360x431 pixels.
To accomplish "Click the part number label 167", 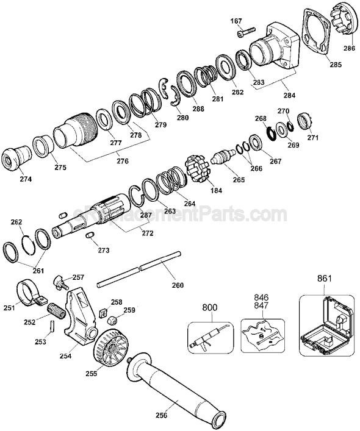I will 236,21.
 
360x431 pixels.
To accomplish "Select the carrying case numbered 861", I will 326,323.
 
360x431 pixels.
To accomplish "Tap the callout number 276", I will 122,161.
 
